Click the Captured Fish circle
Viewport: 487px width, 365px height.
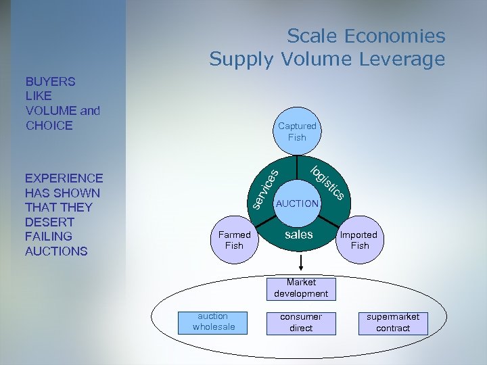pyautogui.click(x=297, y=131)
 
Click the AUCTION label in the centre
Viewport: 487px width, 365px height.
pyautogui.click(x=297, y=203)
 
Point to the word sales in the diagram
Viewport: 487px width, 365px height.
pyautogui.click(x=298, y=235)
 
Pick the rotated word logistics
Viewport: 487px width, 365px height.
pyautogui.click(x=328, y=182)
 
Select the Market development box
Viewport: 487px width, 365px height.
pyautogui.click(x=301, y=288)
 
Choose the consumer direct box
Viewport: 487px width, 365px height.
pyautogui.click(x=301, y=322)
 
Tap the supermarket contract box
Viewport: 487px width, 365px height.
pyautogui.click(x=393, y=322)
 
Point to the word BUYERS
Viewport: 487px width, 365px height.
pyautogui.click(x=50, y=81)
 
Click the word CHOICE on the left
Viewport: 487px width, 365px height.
pyautogui.click(x=49, y=126)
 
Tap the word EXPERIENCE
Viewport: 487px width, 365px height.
pyautogui.click(x=64, y=178)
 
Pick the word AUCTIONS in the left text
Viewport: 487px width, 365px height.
pyautogui.click(x=56, y=251)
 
